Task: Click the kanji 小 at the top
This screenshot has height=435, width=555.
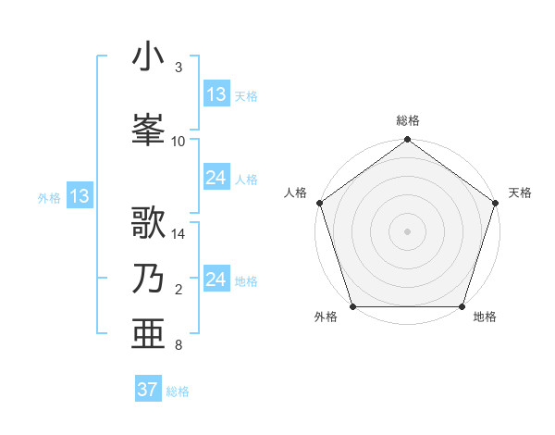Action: pos(149,56)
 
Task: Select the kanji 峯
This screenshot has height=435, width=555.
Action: pos(149,129)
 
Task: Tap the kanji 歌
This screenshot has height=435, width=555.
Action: pos(149,223)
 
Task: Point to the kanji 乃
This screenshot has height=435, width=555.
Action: pos(149,280)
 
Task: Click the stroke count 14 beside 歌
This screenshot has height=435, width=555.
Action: pos(179,234)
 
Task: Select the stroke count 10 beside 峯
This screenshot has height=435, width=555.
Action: pos(179,141)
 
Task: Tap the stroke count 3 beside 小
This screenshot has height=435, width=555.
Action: pos(179,68)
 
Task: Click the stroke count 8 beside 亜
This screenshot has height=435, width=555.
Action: pos(179,345)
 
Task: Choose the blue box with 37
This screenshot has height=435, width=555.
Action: pos(148,390)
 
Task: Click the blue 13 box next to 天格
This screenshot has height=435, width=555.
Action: pos(216,93)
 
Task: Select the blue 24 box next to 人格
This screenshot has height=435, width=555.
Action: pos(216,178)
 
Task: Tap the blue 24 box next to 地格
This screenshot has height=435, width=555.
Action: pos(216,280)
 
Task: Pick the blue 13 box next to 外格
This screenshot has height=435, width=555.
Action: pos(79,196)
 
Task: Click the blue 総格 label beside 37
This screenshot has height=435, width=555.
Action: pos(178,391)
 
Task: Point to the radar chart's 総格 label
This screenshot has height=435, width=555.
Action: pos(407,120)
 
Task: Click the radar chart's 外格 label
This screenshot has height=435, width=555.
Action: pos(326,317)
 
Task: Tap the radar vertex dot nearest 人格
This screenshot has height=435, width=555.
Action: pos(318,203)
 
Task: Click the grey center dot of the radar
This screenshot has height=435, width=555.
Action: pos(407,230)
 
